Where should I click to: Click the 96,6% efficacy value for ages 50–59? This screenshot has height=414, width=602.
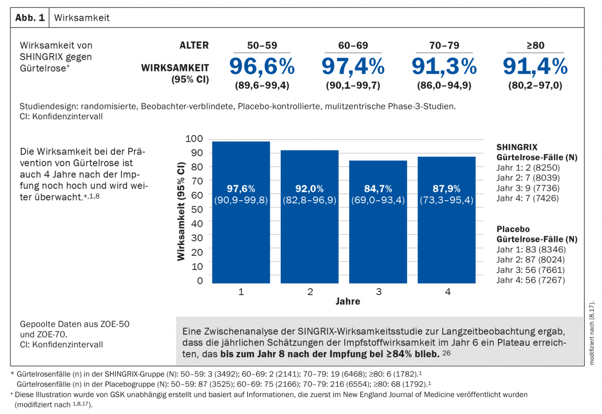(x=262, y=67)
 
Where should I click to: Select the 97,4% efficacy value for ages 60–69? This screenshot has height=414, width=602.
(x=353, y=67)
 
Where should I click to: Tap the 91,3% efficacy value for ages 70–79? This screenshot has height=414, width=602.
(x=444, y=67)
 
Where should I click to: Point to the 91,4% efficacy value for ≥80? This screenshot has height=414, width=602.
(x=535, y=67)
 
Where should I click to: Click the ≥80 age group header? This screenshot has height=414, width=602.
(x=535, y=45)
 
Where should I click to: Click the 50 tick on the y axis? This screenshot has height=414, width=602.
(x=197, y=209)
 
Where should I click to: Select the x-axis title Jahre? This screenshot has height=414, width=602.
(x=348, y=301)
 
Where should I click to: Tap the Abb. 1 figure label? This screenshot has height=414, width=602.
(x=30, y=18)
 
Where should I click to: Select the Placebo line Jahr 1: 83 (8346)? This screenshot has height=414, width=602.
(x=528, y=249)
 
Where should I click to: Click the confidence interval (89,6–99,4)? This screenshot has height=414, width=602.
(x=262, y=85)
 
